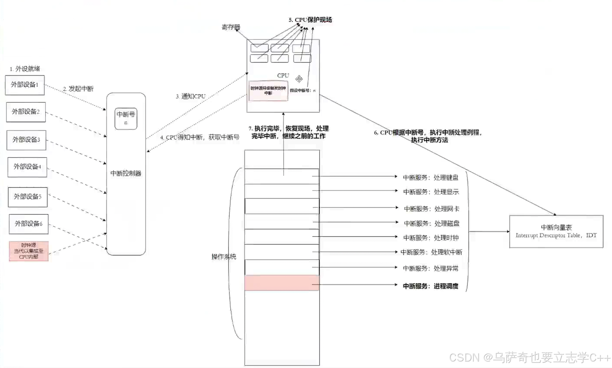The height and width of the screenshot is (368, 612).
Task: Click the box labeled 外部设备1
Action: pos(25,85)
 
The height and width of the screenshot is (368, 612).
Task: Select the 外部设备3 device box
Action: pos(26,140)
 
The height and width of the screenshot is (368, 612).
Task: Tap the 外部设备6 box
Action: pos(29,224)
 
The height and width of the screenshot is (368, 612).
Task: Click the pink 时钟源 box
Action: pos(29,251)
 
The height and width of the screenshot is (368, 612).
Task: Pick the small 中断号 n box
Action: pos(126,119)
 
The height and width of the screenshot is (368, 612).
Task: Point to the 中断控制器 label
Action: pos(126,173)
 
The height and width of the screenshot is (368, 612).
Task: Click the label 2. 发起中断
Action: pos(78,89)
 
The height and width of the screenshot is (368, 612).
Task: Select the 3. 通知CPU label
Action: pos(191,96)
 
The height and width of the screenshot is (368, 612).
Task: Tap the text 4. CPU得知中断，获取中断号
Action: pos(200,137)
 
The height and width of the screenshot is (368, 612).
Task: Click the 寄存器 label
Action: pos(231,27)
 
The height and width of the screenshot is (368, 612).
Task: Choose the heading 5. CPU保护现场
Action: pos(310,20)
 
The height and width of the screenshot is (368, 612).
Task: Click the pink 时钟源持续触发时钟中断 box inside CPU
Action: pos(268,91)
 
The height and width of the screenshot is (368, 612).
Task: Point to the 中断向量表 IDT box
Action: pos(556,231)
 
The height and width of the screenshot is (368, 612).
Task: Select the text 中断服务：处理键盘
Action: pos(431,177)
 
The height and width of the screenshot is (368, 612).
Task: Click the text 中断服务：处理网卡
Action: pos(432,209)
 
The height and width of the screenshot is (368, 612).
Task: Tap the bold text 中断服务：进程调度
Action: pos(431,286)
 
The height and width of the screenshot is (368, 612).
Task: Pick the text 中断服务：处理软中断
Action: pos(431,252)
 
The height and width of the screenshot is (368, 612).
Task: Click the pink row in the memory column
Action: pos(282,283)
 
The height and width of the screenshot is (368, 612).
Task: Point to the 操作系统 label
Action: pos(224,257)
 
